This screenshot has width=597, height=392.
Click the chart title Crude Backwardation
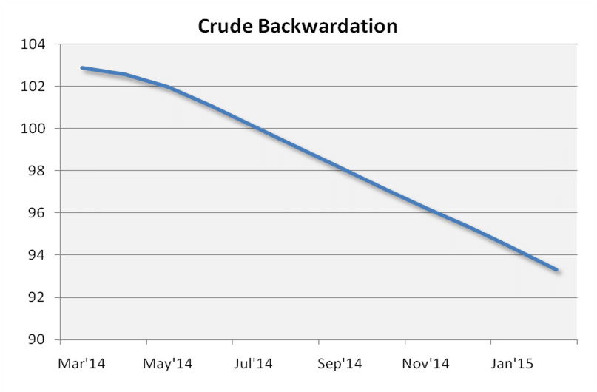(297, 26)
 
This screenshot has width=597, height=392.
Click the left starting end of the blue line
(82, 68)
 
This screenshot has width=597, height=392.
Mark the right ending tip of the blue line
(556, 270)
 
